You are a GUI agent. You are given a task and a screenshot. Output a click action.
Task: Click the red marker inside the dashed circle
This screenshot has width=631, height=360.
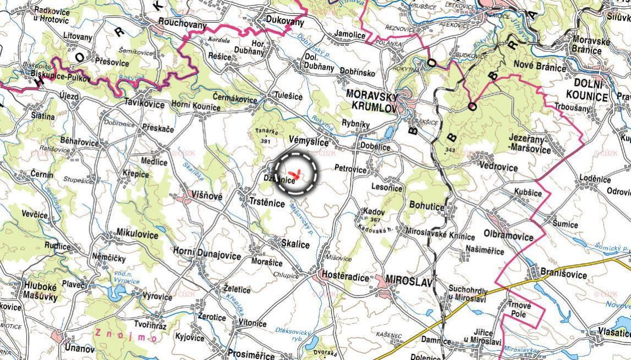pos(296,173)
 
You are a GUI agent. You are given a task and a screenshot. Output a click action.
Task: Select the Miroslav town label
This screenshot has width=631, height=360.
pos(409,279)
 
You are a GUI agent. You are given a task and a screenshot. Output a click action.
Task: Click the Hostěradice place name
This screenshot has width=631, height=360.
pos(345,278)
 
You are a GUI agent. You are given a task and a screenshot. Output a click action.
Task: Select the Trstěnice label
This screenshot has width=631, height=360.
pos(267,203)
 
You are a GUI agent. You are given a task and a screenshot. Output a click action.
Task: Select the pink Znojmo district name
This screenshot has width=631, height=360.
pos(118,334)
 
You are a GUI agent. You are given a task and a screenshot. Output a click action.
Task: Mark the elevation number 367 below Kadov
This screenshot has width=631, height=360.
pos(375,220)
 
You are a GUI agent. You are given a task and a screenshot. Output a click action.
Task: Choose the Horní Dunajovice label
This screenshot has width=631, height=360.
pos(207,256)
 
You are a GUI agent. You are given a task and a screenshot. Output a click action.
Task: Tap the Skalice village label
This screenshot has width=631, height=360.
pos(295,244)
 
